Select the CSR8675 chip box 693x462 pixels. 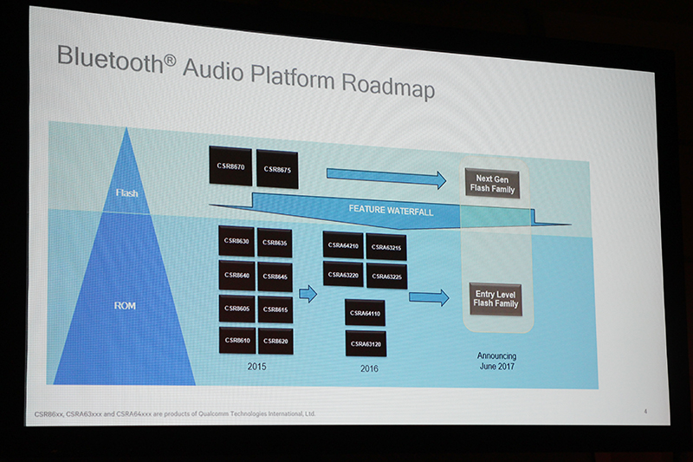click(x=278, y=169)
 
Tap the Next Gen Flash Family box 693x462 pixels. click(x=492, y=184)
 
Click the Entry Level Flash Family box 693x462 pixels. click(x=496, y=299)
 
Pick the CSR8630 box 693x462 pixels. click(x=236, y=241)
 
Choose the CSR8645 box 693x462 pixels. click(x=275, y=277)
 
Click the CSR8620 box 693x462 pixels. click(x=275, y=341)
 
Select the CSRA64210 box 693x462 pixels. click(x=342, y=245)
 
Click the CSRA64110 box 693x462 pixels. click(x=364, y=313)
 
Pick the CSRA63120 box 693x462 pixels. click(x=364, y=344)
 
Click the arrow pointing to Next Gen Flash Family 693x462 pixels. click(x=385, y=178)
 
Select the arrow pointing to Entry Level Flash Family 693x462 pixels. click(x=428, y=297)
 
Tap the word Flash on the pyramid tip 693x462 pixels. click(x=126, y=192)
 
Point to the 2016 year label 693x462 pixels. click(x=370, y=368)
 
